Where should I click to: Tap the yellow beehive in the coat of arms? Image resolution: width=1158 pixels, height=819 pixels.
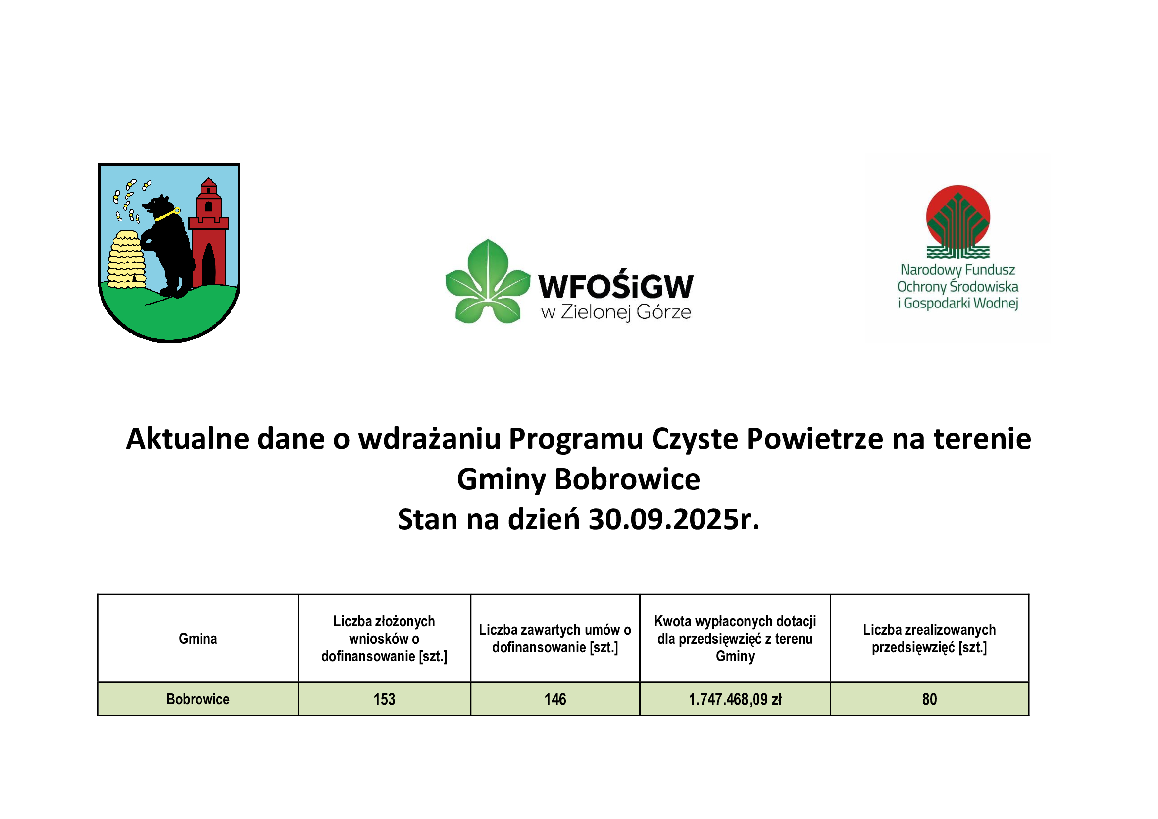127,260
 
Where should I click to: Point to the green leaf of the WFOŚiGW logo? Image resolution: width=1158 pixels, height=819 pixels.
488,281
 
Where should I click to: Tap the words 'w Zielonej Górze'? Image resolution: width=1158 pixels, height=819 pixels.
616,312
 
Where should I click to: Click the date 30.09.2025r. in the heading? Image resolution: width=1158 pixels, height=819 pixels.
674,519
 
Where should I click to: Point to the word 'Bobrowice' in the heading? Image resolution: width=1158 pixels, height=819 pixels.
627,479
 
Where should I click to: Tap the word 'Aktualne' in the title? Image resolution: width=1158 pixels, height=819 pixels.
188,438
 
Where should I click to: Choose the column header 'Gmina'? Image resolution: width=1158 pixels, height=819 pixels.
198,638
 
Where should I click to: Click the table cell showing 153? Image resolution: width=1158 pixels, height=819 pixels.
384,699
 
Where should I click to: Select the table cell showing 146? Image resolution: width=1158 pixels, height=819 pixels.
555,699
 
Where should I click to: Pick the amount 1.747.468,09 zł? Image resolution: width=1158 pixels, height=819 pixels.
735,699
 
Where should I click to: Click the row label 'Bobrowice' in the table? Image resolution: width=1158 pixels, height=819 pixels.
198,699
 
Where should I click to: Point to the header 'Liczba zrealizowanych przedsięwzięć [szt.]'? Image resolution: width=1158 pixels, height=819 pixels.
929,638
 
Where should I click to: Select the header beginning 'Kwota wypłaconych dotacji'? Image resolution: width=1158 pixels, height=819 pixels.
735,638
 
